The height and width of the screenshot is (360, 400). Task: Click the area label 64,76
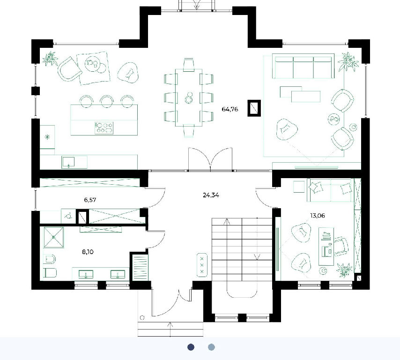tap(230, 109)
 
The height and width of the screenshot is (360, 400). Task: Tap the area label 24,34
tap(211, 195)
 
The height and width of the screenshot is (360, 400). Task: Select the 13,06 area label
tap(318, 216)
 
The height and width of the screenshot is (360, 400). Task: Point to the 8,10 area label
tap(88, 252)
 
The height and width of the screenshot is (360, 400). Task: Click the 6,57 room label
tap(90, 200)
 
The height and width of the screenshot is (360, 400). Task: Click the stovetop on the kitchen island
tap(104, 128)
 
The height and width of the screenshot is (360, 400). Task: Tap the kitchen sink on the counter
tap(68, 162)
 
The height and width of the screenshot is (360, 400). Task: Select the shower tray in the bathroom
tap(53, 238)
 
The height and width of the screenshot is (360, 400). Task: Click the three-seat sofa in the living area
tap(303, 66)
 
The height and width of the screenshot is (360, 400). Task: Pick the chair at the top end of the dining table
tap(188, 64)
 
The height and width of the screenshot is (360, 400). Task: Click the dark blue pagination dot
tap(191, 347)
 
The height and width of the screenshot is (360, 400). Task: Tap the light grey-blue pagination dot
tap(212, 347)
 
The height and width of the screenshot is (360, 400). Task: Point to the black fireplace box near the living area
tap(254, 108)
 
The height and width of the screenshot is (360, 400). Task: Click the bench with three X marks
tap(202, 265)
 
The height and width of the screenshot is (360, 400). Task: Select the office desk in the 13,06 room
tap(326, 247)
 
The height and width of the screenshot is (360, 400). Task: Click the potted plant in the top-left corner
tap(50, 58)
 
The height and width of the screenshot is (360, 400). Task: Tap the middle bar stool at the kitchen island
tap(107, 101)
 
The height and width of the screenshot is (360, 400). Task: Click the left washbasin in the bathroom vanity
tap(86, 275)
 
